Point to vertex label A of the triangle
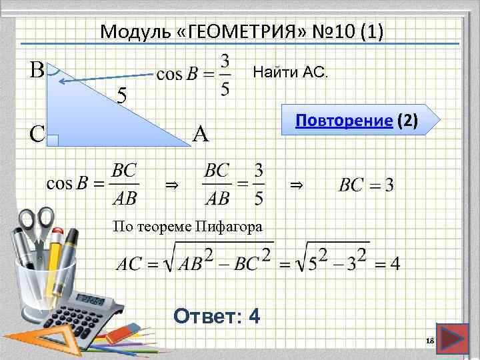(201, 134)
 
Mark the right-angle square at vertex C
(55, 140)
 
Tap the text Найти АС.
(291, 71)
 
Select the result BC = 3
(366, 184)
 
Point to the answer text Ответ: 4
(216, 315)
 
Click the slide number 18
(429, 341)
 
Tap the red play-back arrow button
(454, 339)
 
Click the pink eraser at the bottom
(121, 333)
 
